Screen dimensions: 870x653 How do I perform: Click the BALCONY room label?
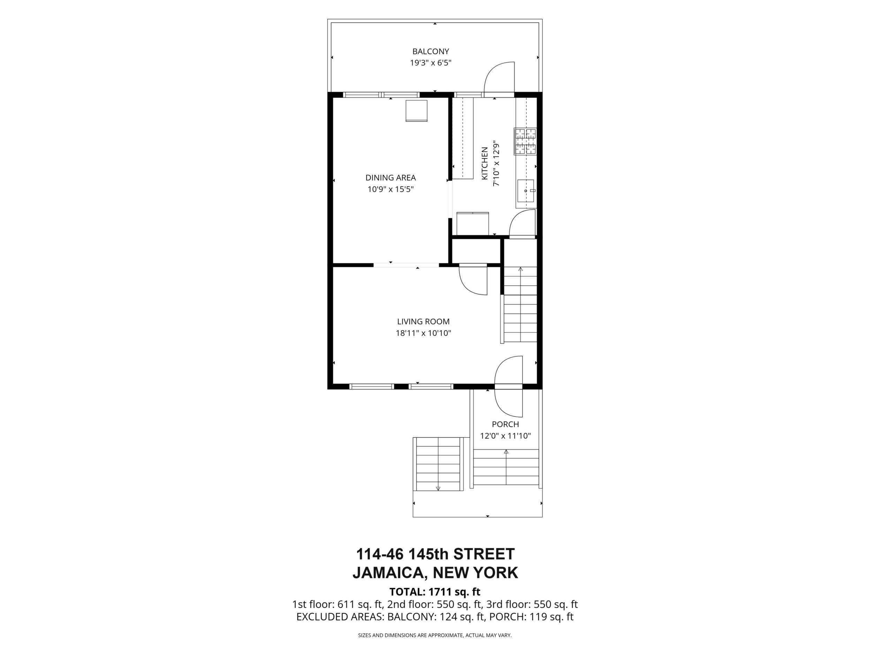click(x=431, y=51)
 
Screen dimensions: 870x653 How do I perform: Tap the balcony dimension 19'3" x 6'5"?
click(x=431, y=62)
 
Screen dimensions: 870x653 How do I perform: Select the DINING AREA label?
click(x=390, y=178)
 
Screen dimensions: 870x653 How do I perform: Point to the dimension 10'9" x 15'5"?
click(x=390, y=189)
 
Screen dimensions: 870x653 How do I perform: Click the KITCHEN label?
click(x=485, y=163)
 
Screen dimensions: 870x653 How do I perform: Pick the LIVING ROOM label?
click(x=423, y=322)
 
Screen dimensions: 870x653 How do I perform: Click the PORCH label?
click(x=505, y=424)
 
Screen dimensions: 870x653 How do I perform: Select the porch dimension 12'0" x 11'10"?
click(x=505, y=436)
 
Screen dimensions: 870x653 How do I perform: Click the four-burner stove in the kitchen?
click(x=525, y=141)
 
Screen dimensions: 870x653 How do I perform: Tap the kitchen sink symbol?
click(x=526, y=191)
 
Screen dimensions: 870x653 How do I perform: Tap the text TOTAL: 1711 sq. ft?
click(x=435, y=592)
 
